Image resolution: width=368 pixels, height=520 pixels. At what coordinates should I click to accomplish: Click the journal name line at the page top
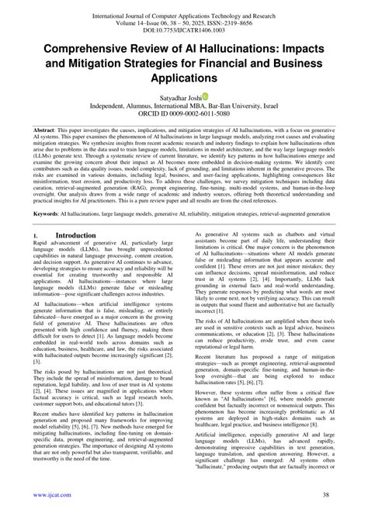pos(184,5)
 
